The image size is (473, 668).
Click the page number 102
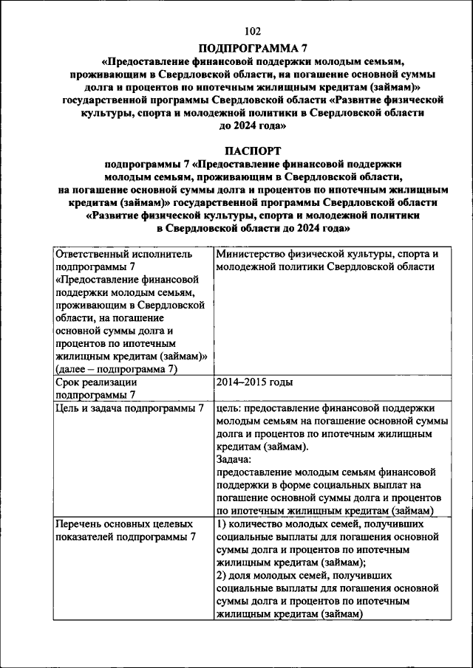tap(252, 31)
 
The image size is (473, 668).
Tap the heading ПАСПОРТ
tap(252, 150)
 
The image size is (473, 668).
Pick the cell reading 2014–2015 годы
tap(255, 382)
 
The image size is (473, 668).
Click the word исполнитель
tap(161, 254)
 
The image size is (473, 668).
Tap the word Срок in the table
tap(69, 382)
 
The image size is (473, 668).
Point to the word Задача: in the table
tap(236, 459)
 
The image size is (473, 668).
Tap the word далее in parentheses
tap(78, 369)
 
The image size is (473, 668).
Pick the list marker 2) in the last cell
tap(222, 575)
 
